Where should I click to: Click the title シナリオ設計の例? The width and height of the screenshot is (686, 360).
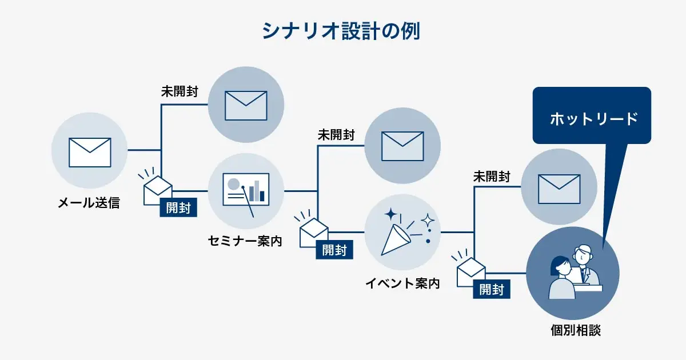point(341,31)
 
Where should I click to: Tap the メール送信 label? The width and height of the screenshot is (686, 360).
point(89,202)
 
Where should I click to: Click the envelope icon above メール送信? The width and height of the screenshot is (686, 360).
point(90,152)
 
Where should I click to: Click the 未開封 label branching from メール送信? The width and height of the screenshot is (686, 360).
point(179,91)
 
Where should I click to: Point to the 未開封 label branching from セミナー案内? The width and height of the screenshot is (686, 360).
point(336,135)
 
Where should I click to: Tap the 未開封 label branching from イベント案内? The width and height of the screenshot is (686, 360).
point(492,177)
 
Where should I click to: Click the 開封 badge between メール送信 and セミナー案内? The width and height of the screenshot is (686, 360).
point(178,207)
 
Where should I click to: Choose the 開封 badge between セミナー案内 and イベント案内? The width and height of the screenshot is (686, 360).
point(334,250)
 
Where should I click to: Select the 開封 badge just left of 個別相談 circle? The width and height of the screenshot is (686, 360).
point(492,290)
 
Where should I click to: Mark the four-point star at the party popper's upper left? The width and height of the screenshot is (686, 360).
point(391,215)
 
